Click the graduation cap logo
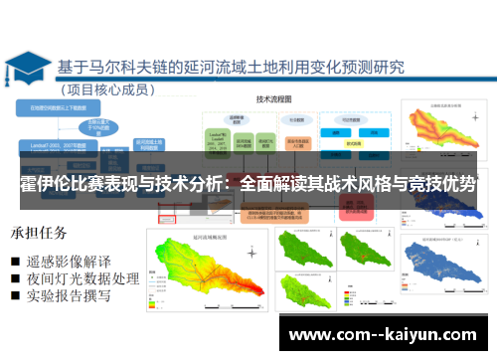pyautogui.click(x=27, y=69)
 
